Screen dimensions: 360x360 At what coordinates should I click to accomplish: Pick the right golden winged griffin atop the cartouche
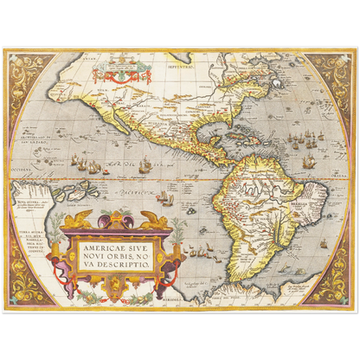[155, 220]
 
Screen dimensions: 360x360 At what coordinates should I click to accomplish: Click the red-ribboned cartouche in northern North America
[122, 67]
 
